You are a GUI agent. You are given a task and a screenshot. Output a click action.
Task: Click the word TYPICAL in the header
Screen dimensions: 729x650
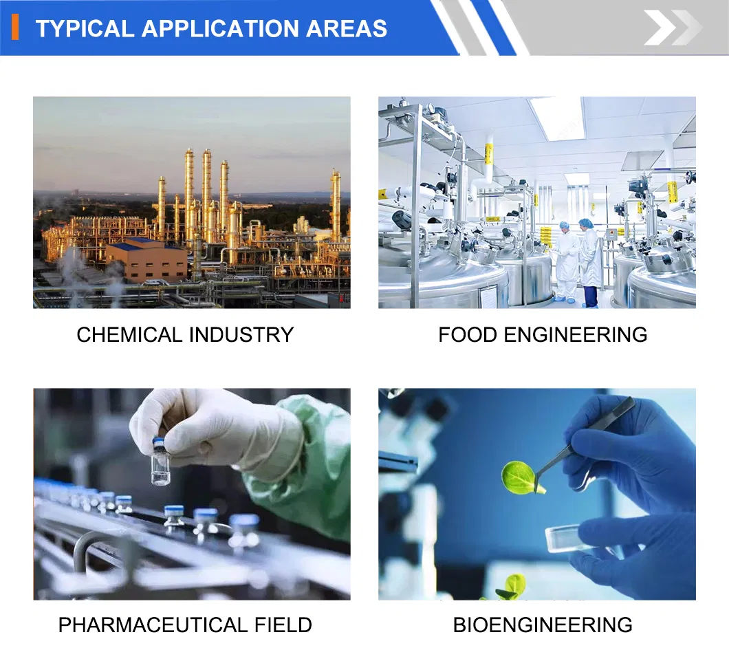[x=85, y=28]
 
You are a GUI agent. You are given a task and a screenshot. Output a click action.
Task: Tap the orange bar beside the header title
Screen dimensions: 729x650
[x=15, y=27]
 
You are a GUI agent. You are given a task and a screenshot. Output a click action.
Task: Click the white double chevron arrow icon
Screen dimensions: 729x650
[x=673, y=28]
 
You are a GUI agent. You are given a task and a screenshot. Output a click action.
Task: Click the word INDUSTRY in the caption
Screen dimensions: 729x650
[x=241, y=335]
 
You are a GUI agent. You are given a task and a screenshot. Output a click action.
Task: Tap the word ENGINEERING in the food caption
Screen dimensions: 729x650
[x=576, y=335]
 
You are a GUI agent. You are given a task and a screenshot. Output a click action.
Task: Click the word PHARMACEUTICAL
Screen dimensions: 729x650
[x=153, y=625]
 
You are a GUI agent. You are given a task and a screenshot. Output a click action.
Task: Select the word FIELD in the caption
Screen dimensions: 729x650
[x=283, y=625]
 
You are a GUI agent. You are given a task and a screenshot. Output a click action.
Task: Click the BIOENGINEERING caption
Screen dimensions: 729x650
[x=543, y=625]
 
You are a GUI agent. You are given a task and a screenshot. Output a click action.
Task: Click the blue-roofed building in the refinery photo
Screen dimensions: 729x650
[x=146, y=261]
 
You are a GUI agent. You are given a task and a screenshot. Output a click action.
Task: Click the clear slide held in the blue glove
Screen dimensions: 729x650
[x=565, y=539]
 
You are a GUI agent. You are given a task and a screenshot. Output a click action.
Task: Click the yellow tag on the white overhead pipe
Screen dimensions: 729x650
[x=488, y=154]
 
